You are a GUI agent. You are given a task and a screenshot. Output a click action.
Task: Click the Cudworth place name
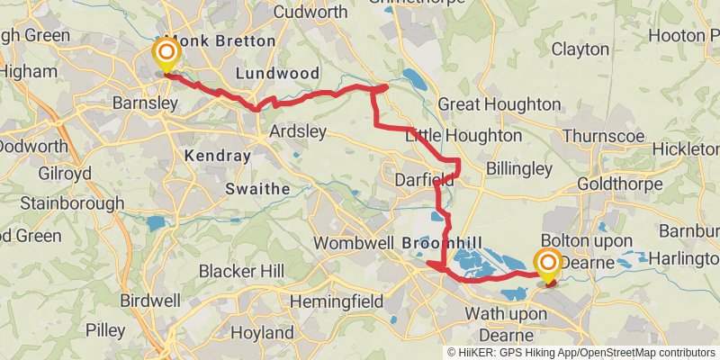click(310, 12)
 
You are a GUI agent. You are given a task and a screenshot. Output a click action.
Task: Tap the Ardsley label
click(298, 131)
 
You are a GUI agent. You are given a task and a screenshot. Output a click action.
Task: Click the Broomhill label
click(443, 244)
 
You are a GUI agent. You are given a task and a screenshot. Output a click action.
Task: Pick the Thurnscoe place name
click(602, 136)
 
